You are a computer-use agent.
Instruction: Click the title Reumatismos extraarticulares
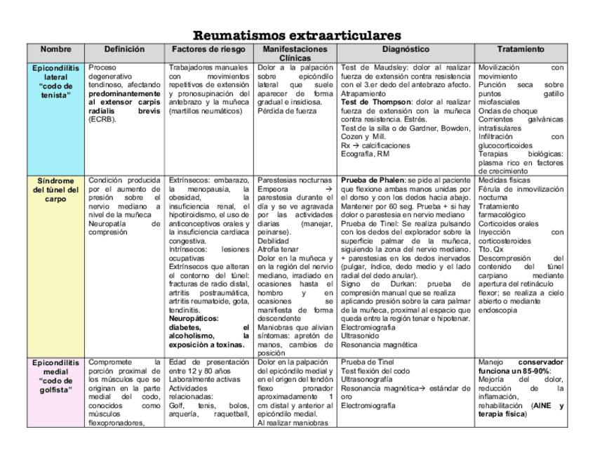point(297,35)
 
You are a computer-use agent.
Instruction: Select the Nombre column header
point(55,50)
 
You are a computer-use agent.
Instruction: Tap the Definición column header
point(124,50)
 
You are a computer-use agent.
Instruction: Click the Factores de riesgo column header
point(209,50)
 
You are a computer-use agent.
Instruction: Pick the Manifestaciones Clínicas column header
point(295,53)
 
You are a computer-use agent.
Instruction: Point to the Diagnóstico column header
point(406,50)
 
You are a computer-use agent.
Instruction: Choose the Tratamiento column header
point(520,50)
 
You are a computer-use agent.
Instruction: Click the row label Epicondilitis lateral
point(55,81)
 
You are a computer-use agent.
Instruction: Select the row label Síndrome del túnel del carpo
point(55,190)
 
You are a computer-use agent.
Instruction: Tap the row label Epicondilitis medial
point(55,376)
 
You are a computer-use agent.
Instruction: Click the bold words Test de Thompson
point(375,102)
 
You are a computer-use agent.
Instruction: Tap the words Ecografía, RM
point(365,154)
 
